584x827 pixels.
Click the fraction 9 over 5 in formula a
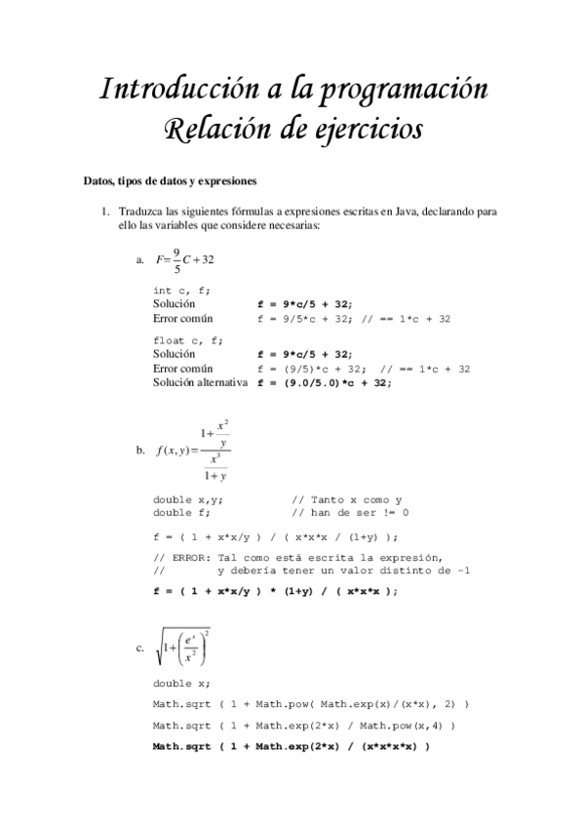176,260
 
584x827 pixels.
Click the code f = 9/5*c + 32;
304,319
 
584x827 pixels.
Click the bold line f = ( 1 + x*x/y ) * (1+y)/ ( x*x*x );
276,591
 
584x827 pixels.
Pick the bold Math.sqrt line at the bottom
292,747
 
